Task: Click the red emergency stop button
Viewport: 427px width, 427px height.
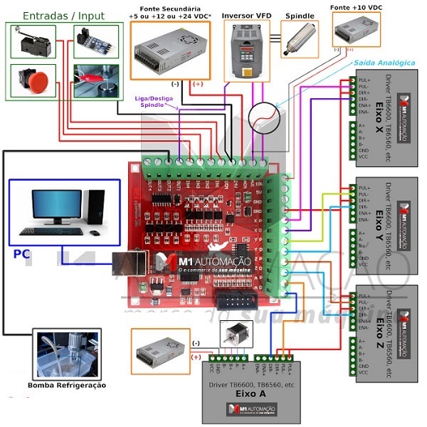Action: [36, 79]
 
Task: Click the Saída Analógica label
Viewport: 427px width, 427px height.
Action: [384, 63]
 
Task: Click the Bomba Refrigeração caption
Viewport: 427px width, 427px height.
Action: [66, 385]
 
